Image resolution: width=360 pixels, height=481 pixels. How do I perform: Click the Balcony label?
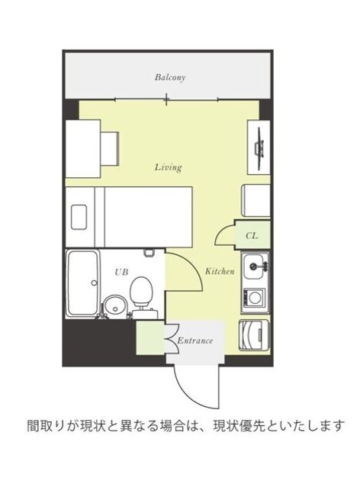coord(170,77)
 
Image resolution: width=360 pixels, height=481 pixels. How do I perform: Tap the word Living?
coord(169,167)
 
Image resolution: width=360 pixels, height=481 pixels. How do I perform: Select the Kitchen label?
coord(220,271)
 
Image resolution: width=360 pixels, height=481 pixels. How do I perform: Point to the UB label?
coord(121,272)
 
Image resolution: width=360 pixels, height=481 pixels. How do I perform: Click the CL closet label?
coord(252,236)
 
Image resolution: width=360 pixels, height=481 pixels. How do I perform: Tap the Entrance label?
coord(194,341)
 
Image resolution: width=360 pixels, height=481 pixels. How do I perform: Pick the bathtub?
coord(83,283)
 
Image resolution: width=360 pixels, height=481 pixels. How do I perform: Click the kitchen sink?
coord(254,266)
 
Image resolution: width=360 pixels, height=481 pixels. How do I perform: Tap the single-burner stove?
coord(254,297)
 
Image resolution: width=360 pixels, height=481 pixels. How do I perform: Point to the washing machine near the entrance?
coord(254,335)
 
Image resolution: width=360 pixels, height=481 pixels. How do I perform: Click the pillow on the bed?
coord(79,217)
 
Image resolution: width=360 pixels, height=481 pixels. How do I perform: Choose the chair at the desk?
coord(109,149)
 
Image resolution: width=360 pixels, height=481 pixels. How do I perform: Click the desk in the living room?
coord(83,149)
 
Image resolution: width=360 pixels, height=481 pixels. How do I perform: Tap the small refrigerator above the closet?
coord(257,201)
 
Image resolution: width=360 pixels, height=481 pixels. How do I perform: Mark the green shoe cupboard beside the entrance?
coord(150,337)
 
